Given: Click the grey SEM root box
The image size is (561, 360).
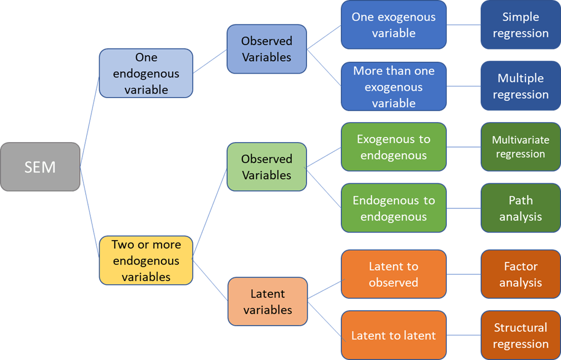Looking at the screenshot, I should click(40, 167).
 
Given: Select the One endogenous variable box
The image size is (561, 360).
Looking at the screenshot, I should click(146, 73).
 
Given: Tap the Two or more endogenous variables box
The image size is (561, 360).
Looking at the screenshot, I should click(146, 260).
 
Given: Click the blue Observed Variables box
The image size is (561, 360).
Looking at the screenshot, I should click(266, 49).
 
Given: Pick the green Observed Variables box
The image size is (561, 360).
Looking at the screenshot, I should click(266, 167).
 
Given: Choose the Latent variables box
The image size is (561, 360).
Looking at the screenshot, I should click(267, 301).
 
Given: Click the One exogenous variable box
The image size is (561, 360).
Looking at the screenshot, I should click(393, 25).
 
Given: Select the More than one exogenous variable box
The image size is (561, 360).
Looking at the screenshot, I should click(393, 86).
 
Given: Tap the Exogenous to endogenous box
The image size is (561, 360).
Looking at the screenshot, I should click(393, 147).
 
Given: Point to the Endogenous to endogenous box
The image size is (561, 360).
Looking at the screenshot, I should click(393, 208).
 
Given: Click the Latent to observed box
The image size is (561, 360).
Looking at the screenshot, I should click(393, 274).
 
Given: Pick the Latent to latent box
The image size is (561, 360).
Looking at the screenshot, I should click(393, 335).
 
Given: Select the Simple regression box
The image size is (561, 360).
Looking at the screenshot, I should click(520, 25).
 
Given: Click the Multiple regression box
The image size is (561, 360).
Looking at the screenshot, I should click(520, 86).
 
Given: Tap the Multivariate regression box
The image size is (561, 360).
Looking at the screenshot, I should click(520, 147).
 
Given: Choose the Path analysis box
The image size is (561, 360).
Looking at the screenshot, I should click(520, 208).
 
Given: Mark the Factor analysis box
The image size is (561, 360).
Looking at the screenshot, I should click(520, 274).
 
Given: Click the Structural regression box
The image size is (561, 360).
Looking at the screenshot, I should click(520, 335).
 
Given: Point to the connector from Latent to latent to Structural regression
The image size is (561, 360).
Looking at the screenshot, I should click(464, 335).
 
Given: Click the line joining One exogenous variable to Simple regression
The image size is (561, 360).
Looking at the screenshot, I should click(464, 25).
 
